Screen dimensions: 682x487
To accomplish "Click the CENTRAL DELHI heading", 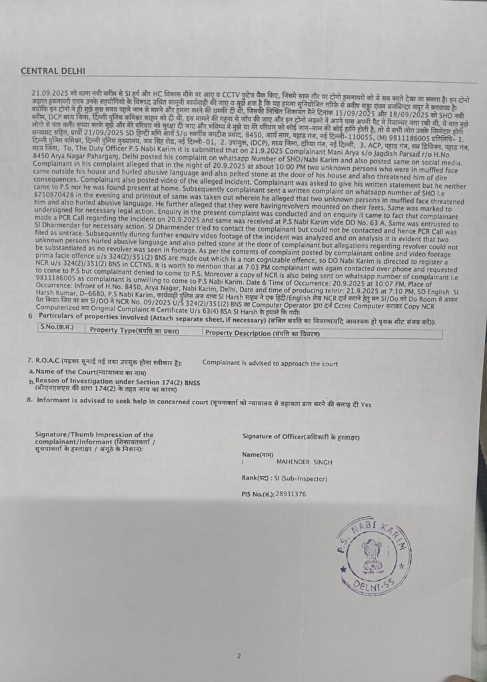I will pyautogui.click(x=53, y=71).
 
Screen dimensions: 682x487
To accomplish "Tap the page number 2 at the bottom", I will pyautogui.click(x=238, y=637).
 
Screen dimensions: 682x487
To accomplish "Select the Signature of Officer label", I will pyautogui.click(x=301, y=436).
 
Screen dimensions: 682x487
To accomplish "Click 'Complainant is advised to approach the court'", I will pyautogui.click(x=270, y=364).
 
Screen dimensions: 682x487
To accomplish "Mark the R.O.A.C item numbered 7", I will pyautogui.click(x=41, y=364).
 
